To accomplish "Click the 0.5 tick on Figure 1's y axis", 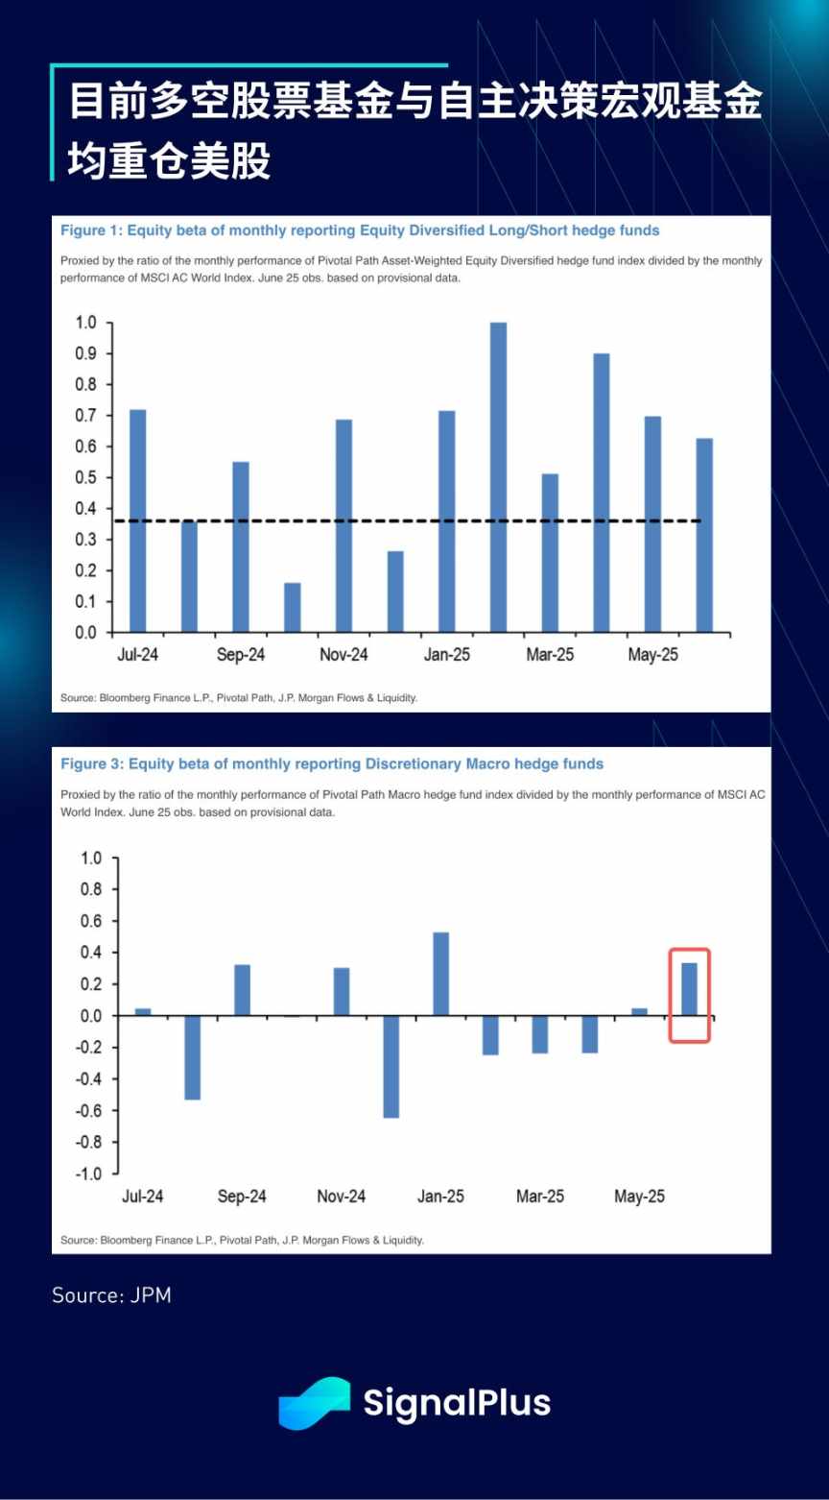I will coord(87,477).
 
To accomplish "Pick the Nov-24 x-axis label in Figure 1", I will coord(343,655).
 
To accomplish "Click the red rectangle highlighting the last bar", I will coord(689,995).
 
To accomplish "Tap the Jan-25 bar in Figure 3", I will coord(440,974).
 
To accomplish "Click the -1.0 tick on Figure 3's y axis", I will coord(86,1173).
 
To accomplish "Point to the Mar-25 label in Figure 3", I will coord(540,1197).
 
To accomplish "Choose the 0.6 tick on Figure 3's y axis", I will coord(89,921).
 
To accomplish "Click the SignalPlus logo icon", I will coord(314,1403).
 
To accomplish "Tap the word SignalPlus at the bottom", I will coord(457,1403).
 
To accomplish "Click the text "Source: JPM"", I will coord(111,1294).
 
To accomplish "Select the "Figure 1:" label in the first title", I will coord(91,230).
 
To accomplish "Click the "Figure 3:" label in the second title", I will coord(91,764).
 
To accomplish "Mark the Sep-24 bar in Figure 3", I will coord(243,990).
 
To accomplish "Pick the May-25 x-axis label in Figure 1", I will coord(653,655).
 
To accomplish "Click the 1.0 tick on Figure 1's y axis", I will coord(87,323).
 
